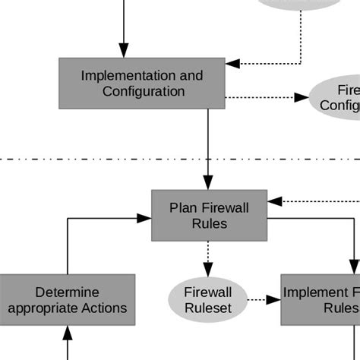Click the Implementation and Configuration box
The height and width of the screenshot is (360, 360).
142,83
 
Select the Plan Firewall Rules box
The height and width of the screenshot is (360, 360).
209,215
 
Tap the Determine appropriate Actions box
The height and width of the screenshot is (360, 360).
68,300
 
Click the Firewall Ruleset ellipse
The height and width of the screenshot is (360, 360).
208,300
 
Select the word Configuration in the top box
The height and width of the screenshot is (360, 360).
144,91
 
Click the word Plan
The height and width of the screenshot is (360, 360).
183,207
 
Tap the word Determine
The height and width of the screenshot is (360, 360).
68,292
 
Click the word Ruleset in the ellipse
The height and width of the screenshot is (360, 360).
208,308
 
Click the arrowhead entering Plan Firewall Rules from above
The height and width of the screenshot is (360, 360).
207,184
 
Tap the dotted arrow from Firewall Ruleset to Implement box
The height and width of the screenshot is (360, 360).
264,300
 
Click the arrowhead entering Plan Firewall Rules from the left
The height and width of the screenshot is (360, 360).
145,218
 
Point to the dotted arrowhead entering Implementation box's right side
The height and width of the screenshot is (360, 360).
232,63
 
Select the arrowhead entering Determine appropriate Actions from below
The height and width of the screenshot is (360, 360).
68,331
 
